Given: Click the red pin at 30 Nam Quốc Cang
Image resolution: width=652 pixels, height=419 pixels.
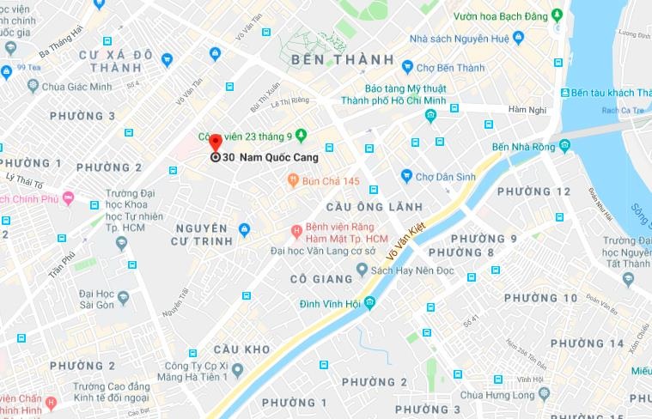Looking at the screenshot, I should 216,143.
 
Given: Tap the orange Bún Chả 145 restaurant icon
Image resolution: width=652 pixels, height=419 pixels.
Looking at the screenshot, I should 293,180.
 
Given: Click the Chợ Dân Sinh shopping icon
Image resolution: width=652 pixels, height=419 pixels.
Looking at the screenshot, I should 406,176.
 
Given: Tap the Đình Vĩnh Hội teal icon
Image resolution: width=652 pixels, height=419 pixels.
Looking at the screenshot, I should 369,303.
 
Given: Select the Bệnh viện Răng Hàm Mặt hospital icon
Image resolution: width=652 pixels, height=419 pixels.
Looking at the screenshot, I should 296,229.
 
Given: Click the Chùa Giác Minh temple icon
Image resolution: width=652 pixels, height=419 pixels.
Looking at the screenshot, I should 34,85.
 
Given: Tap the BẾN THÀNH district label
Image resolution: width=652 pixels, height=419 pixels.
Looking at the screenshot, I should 342,60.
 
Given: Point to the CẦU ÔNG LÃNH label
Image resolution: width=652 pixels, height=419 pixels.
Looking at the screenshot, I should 374,207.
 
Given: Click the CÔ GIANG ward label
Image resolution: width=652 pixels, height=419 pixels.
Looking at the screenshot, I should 321,279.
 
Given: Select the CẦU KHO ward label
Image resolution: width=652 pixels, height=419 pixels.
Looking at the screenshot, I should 241,349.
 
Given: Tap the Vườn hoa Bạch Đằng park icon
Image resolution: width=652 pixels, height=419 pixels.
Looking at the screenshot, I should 558,15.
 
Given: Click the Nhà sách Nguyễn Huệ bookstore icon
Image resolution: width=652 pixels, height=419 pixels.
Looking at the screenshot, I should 515,39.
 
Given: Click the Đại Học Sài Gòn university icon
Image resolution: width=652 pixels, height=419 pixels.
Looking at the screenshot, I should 124,297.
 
